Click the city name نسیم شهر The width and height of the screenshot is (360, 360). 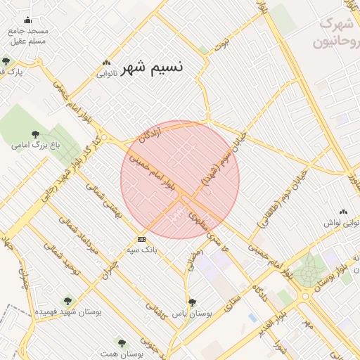(x=152, y=68)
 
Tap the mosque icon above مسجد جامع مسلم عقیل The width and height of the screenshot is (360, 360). (x=27, y=20)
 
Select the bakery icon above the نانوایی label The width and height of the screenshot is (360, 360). (x=106, y=63)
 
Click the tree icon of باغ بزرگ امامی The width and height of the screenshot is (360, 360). (x=36, y=134)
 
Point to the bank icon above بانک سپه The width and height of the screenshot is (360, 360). (x=142, y=239)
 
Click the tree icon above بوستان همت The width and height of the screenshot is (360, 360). (x=122, y=343)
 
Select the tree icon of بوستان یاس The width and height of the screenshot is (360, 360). (x=192, y=302)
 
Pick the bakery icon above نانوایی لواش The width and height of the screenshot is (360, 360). (x=343, y=212)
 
